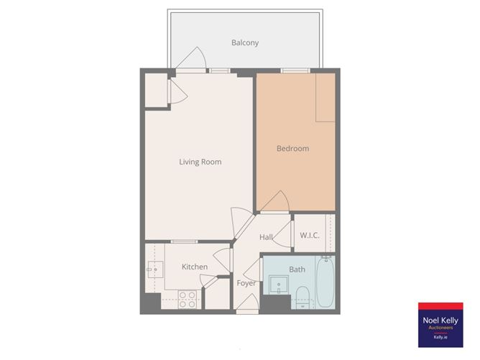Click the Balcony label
click(x=245, y=43)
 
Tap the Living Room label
click(x=200, y=162)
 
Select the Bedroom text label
click(x=292, y=149)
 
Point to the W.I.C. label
click(x=310, y=235)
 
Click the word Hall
click(x=266, y=238)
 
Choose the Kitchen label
click(x=194, y=267)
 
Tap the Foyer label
click(x=246, y=283)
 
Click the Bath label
click(x=297, y=270)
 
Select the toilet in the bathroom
click(x=303, y=294)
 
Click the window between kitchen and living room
click(x=184, y=241)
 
